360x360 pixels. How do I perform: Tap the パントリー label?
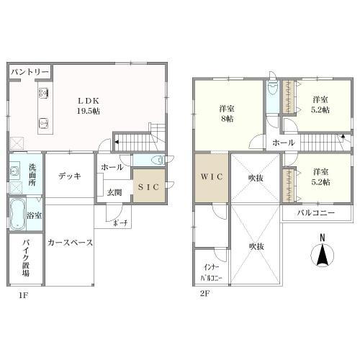click(x=30, y=73)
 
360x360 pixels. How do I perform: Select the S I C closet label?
click(x=149, y=186)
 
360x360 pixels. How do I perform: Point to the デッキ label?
click(x=69, y=175)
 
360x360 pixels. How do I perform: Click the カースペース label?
click(x=70, y=243)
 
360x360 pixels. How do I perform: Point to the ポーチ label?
click(x=120, y=222)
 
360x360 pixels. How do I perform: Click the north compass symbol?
click(x=323, y=254)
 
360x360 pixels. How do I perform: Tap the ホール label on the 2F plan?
click(x=283, y=143)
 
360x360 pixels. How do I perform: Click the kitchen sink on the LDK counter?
click(x=42, y=122)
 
